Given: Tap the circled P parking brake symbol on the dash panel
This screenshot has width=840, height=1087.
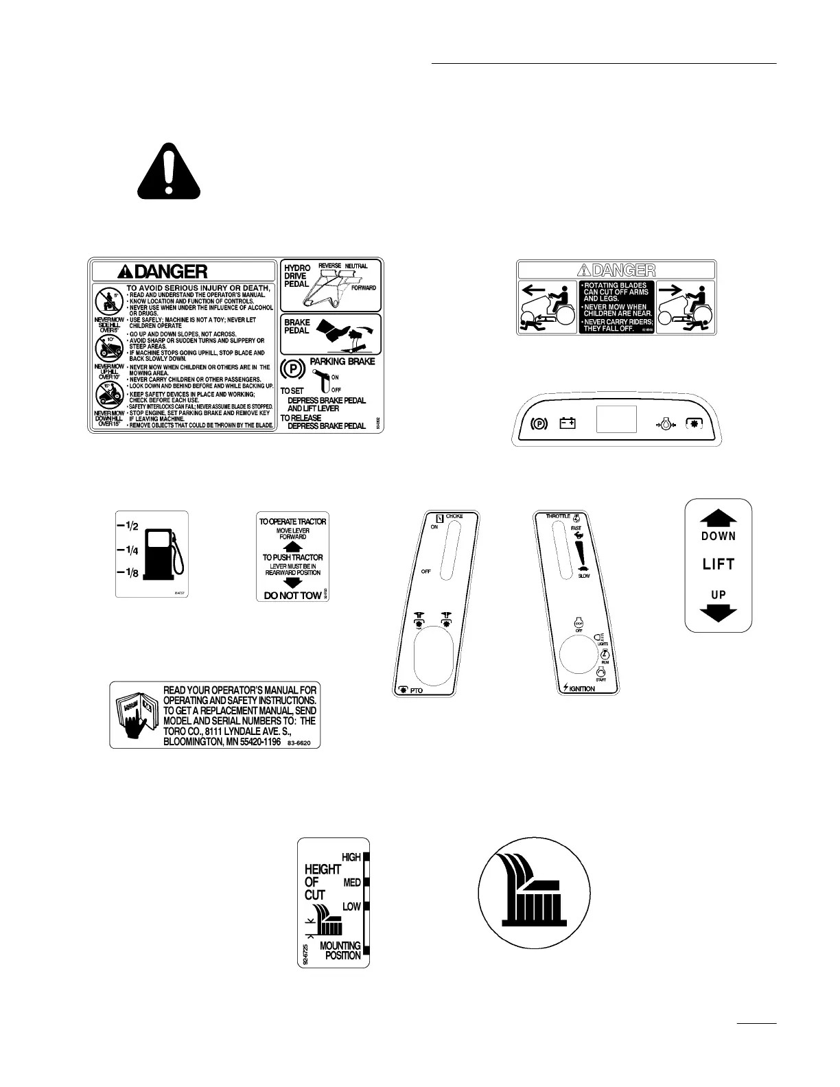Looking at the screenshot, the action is coord(539,423).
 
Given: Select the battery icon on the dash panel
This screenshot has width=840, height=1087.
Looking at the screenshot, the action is coord(567,423).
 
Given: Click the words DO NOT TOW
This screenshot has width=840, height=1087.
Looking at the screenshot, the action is coord(292,596).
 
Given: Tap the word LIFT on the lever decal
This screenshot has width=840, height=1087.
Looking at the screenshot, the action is coord(719,565).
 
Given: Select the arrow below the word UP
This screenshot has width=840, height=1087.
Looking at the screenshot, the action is coord(719,612).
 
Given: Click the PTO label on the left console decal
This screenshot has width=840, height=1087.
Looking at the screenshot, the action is coord(416,690).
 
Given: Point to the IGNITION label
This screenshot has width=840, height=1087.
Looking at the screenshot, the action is coord(581,688).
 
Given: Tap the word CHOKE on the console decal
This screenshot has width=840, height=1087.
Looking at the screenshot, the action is coord(454,516).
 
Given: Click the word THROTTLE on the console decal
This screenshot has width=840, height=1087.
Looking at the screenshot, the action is coord(558,516).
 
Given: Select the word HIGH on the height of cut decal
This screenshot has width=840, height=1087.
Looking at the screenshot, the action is coord(351,857).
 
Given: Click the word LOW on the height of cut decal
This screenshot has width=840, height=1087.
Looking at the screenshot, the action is coord(351,907).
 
